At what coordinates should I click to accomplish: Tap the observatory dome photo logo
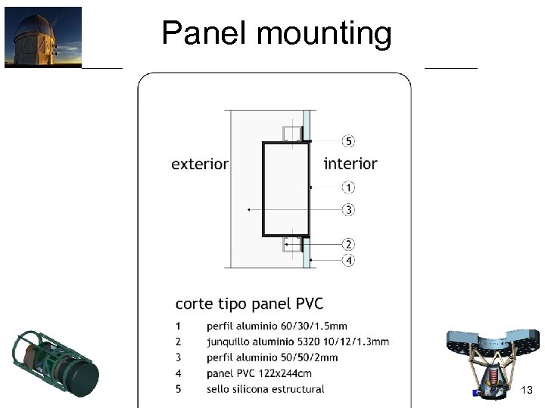click(43, 37)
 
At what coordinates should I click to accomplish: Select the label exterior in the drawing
click(200, 163)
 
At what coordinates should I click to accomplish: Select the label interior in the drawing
click(350, 163)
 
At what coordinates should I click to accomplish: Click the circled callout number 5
click(348, 141)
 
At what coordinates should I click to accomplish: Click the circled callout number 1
click(348, 187)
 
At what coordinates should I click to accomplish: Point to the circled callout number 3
click(348, 209)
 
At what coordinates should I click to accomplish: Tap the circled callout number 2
click(348, 244)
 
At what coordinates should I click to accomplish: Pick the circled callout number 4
click(348, 261)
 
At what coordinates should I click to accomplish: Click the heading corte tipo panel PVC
click(249, 304)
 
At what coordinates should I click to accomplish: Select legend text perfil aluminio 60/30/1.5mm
click(276, 326)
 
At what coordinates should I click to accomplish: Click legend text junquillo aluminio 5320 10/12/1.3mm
click(297, 342)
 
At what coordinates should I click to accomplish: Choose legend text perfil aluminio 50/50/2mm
click(271, 357)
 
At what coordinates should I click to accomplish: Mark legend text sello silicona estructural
click(265, 389)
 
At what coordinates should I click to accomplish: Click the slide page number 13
click(528, 390)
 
